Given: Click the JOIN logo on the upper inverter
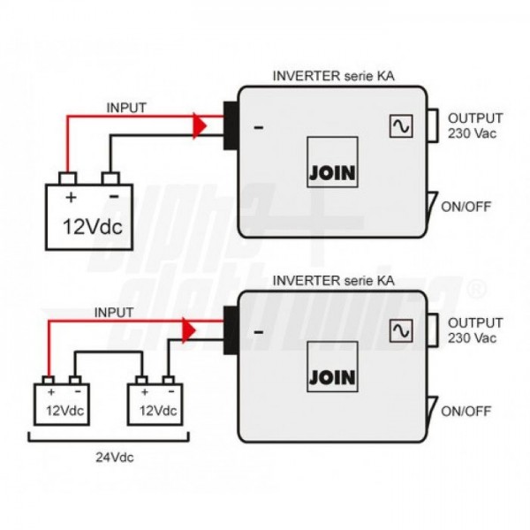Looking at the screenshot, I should [x=332, y=172].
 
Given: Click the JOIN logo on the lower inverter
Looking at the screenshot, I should [x=332, y=377].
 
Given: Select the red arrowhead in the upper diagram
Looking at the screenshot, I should [x=201, y=126].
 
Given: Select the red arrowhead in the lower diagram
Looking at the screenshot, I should [x=188, y=330].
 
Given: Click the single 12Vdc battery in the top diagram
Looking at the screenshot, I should [x=89, y=215].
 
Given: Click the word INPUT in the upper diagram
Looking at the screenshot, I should [x=126, y=108].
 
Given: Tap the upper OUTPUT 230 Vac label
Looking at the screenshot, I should [x=475, y=125].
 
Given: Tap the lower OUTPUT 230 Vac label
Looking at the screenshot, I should [x=475, y=330].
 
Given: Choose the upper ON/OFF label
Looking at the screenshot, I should [x=465, y=207].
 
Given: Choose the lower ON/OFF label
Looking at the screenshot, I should [x=465, y=411].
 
